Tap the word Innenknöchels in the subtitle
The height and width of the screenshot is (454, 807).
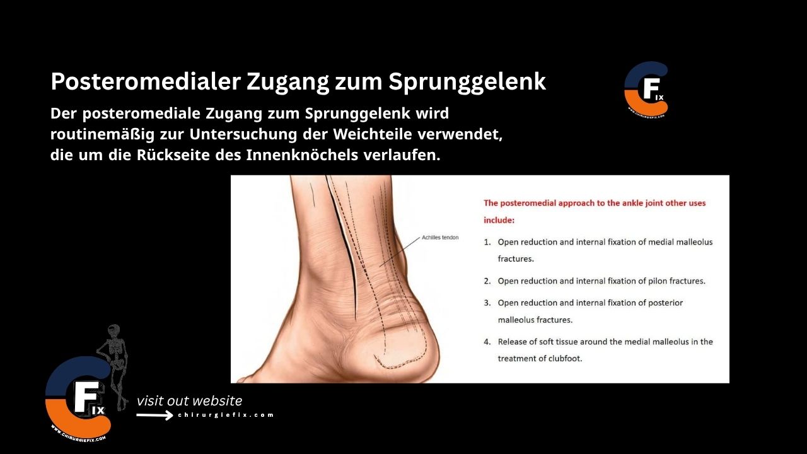(300, 155)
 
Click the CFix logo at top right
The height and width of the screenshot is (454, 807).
(646, 90)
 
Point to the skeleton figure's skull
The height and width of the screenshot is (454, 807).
(113, 330)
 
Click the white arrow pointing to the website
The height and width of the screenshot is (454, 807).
(154, 415)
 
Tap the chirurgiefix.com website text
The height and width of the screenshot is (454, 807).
(226, 415)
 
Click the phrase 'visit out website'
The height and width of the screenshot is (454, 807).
(189, 401)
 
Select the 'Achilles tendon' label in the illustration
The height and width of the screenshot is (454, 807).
(440, 238)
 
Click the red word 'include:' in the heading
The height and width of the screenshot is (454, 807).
(499, 221)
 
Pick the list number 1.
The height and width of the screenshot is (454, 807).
(487, 242)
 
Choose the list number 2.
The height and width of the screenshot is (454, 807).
(487, 281)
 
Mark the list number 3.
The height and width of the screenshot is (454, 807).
(487, 303)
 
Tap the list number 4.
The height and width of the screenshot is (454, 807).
(487, 342)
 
